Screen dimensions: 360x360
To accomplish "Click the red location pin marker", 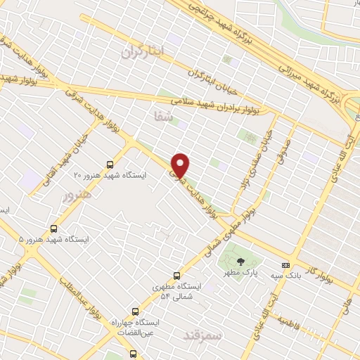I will (181, 164).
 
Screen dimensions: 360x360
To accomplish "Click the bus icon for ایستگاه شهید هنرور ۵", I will (55, 229).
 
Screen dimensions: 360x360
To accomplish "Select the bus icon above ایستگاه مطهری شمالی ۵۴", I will (176, 276).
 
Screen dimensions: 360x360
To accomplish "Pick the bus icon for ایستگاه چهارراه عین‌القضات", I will (136, 311).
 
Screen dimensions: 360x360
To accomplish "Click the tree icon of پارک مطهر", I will (240, 262).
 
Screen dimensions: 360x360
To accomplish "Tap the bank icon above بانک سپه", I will (285, 265).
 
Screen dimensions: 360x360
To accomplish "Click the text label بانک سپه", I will (288, 276).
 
